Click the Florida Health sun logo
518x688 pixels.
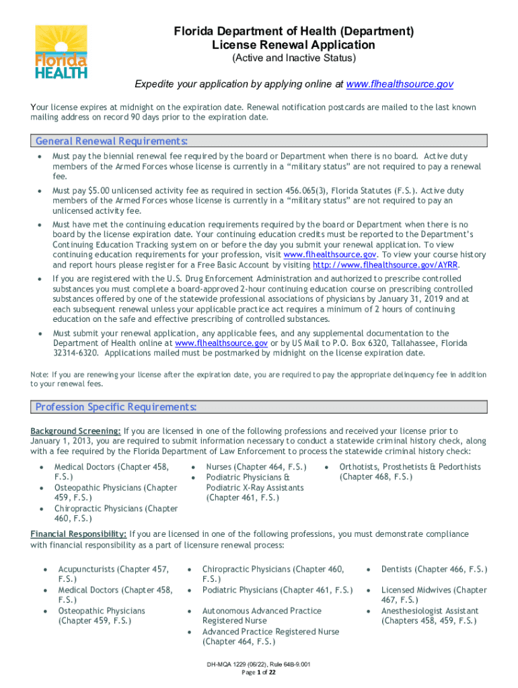pyautogui.click(x=61, y=52)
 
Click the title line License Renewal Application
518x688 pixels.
pyautogui.click(x=293, y=45)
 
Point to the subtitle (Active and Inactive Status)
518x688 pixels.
pyautogui.click(x=293, y=58)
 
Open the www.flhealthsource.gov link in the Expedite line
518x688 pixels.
pyautogui.click(x=399, y=84)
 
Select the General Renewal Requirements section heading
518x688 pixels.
pyautogui.click(x=111, y=141)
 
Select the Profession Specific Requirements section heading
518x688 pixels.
pyautogui.click(x=116, y=407)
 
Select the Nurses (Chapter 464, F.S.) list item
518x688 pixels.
pyautogui.click(x=256, y=467)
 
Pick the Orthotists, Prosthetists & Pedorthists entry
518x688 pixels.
pyautogui.click(x=410, y=467)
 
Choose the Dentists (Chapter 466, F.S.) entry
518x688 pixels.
pyautogui.click(x=434, y=569)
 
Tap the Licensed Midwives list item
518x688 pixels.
pyautogui.click(x=434, y=590)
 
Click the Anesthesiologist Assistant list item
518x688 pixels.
pyautogui.click(x=430, y=611)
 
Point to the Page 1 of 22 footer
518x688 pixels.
pyautogui.click(x=258, y=672)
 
